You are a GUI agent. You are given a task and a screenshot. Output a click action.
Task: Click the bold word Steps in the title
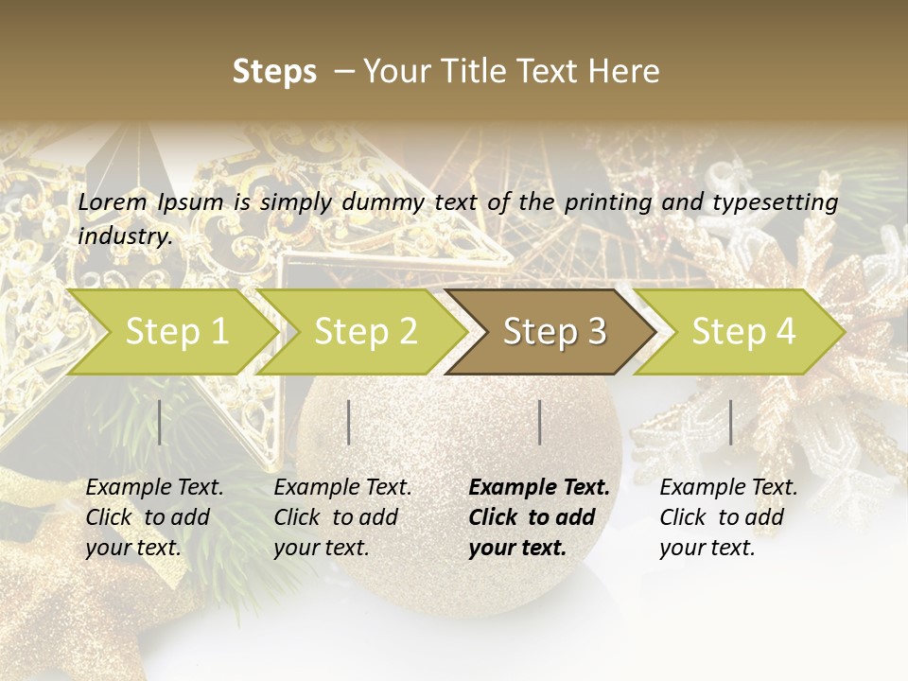(x=274, y=71)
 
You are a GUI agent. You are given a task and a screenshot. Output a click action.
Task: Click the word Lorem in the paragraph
(x=112, y=201)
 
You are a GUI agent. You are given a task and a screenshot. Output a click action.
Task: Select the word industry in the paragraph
(x=124, y=236)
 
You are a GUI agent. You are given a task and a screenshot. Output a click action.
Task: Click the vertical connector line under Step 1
(x=160, y=422)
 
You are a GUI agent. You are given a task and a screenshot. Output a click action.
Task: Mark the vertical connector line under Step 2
(x=349, y=422)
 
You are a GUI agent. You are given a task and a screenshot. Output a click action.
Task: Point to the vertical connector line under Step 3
(x=539, y=422)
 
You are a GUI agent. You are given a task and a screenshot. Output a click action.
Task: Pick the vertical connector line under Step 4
(x=730, y=422)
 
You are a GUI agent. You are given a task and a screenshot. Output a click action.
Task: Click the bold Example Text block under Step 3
(x=538, y=517)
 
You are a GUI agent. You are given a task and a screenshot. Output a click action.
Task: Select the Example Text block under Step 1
(x=154, y=517)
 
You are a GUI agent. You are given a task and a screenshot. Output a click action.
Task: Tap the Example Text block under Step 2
(x=342, y=517)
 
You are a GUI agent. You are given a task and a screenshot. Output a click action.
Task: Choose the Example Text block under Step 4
(x=728, y=517)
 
